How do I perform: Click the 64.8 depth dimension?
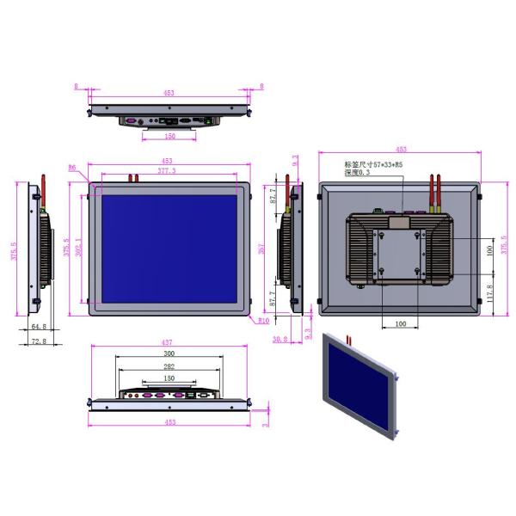point(38,327)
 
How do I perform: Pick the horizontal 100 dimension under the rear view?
point(400,323)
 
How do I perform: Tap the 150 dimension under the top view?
point(169,136)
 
